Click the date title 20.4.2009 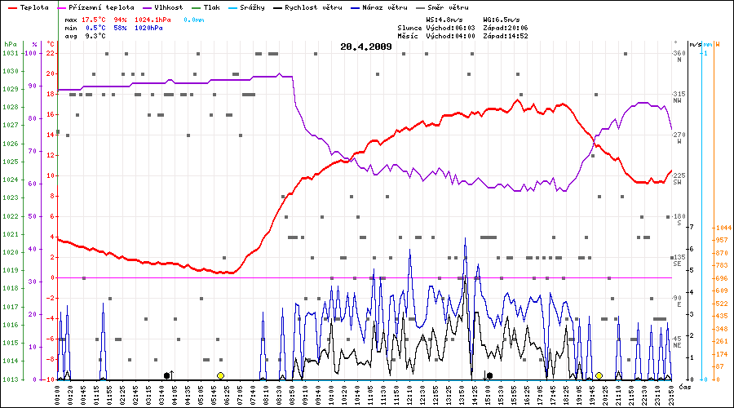pyautogui.click(x=366, y=47)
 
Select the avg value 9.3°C pyautogui.click(x=95, y=36)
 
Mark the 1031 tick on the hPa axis pyautogui.click(x=11, y=53)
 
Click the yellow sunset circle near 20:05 pyautogui.click(x=599, y=375)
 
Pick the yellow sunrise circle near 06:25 pyautogui.click(x=220, y=375)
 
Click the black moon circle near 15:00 pyautogui.click(x=489, y=375)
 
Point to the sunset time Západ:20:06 pyautogui.click(x=506, y=27)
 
